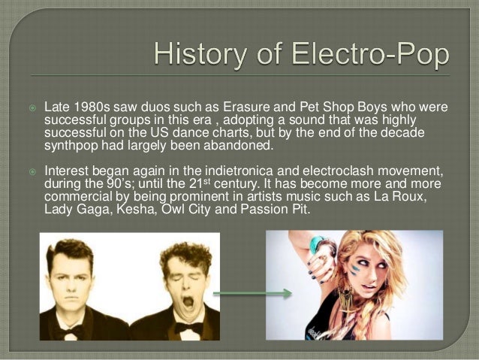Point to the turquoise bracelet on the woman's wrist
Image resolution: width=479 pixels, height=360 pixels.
tap(316, 244)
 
